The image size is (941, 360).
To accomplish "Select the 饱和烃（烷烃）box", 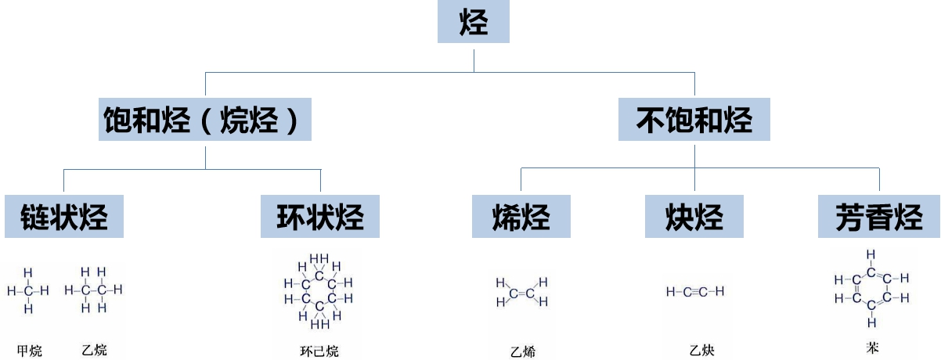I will point(205,121).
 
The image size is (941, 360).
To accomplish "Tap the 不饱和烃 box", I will point(694,121).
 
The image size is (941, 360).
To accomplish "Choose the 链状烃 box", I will point(63,217).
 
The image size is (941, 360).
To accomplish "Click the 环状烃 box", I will point(320,217).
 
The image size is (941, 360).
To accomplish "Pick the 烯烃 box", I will point(521,217).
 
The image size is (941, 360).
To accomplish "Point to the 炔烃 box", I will point(694,217).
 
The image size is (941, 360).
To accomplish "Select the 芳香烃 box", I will point(878,217).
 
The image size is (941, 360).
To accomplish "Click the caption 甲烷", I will point(29,351).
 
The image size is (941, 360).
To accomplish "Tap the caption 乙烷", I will point(94,350).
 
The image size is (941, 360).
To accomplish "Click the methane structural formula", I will point(28,291).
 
